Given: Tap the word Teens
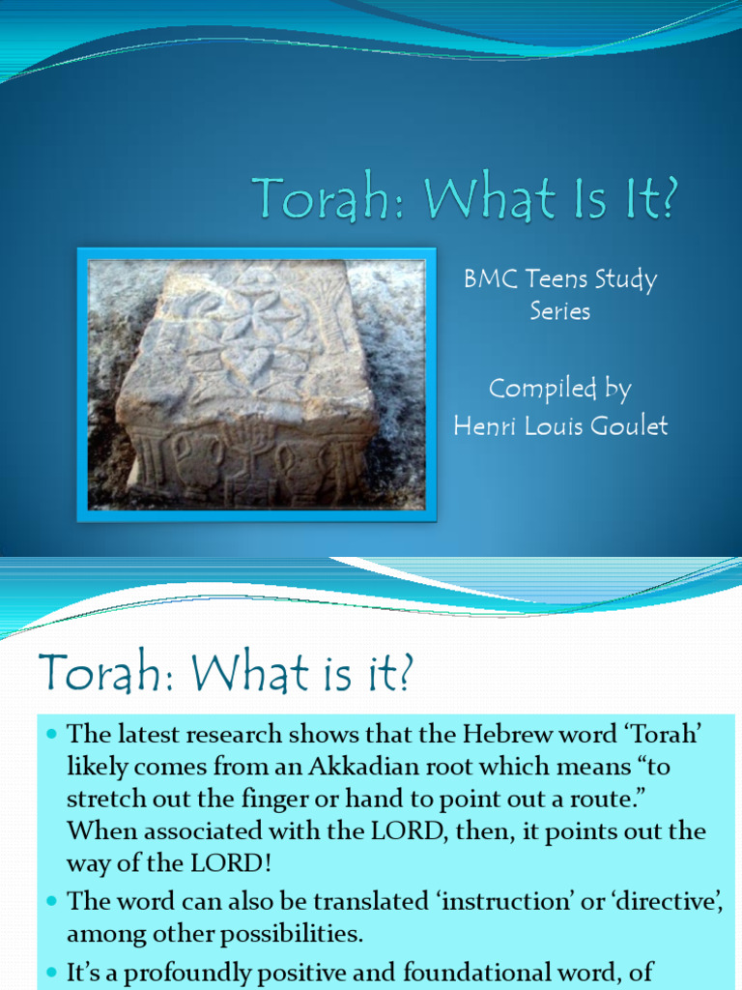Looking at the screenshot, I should (554, 280).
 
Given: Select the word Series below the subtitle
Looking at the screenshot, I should (559, 312).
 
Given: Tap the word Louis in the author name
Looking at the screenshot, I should (553, 426).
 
